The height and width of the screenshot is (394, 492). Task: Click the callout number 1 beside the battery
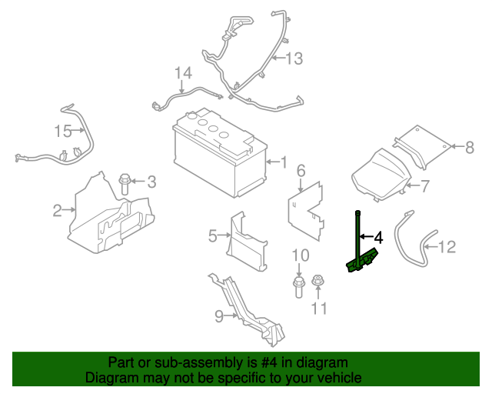click(x=283, y=162)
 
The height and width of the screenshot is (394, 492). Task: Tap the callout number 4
click(x=377, y=237)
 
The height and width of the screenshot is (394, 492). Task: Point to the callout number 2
click(x=57, y=209)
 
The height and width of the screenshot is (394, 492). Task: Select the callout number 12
click(x=447, y=247)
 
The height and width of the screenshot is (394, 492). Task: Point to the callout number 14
click(x=182, y=73)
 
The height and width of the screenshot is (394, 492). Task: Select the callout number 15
click(x=62, y=131)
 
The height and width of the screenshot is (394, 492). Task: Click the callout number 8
click(x=470, y=145)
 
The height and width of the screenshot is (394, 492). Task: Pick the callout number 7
click(x=425, y=185)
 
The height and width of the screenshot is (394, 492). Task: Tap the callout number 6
click(x=301, y=170)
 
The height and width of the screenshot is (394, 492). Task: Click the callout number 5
click(x=213, y=236)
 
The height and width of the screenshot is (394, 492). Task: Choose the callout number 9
click(x=218, y=315)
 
